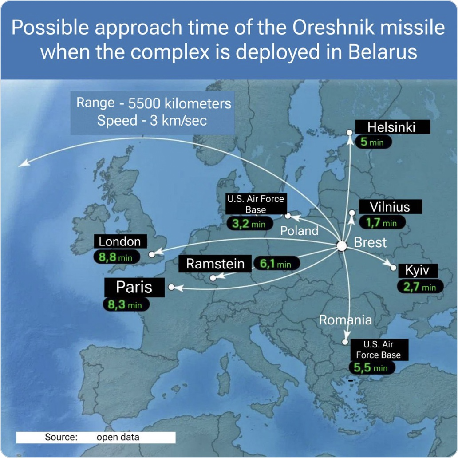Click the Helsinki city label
click(392, 127)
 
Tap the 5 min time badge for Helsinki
click(373, 142)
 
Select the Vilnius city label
click(390, 207)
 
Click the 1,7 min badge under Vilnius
click(382, 223)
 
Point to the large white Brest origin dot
click(342, 246)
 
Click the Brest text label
click(370, 242)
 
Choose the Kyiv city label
click(418, 270)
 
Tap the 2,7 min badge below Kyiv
click(420, 287)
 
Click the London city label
click(120, 241)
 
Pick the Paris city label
click(134, 287)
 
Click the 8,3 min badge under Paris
click(126, 304)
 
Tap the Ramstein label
click(215, 264)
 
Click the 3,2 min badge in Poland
click(249, 224)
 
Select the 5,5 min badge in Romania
click(371, 367)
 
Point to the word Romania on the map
click(345, 320)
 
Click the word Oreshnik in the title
click(333, 28)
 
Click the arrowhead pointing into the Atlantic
click(24, 163)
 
